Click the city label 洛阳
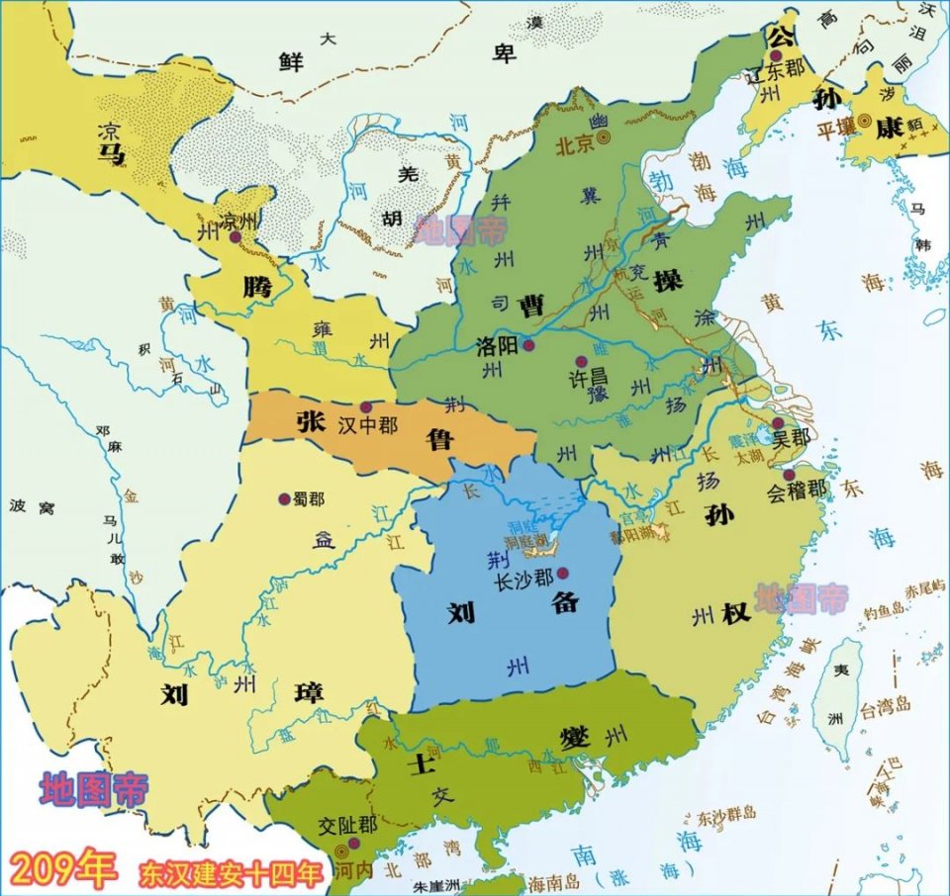point(498,346)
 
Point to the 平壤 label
point(835,130)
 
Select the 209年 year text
point(62,868)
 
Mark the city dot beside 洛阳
point(529,345)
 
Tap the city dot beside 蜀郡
point(285,499)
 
